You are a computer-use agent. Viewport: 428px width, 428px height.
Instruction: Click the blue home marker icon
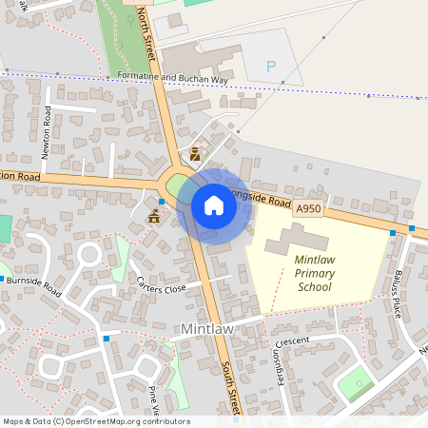(x=214, y=205)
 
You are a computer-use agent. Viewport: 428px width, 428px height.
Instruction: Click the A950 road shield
(x=309, y=208)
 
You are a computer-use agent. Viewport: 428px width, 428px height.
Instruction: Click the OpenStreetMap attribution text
(x=95, y=421)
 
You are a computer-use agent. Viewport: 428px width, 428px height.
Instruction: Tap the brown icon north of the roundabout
(x=195, y=152)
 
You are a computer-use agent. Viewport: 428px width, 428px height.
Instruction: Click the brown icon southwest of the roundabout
(x=154, y=218)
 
